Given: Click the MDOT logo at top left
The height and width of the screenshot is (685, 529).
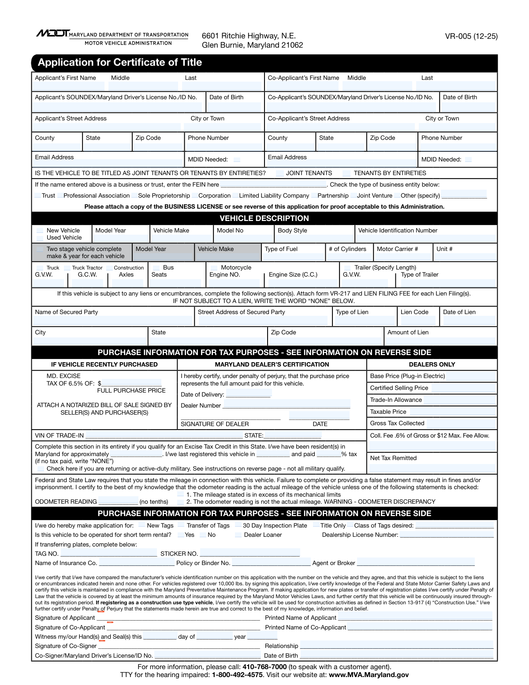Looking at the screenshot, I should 52,34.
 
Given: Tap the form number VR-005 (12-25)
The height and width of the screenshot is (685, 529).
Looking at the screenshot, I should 471,36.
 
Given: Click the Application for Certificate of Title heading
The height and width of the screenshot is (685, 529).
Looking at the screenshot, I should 120,63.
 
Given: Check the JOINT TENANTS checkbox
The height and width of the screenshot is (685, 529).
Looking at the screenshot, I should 280,173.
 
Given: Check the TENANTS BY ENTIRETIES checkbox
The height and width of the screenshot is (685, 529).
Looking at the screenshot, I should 347,173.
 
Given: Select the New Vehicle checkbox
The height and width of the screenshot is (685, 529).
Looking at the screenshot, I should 40,231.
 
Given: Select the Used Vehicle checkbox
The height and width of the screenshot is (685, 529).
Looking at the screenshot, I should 40,238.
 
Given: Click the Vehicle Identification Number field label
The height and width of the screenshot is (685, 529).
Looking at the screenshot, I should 398,231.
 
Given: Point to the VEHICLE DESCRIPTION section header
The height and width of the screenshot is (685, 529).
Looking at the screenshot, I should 264,218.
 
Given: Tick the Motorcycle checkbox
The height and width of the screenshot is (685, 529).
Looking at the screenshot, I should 214,268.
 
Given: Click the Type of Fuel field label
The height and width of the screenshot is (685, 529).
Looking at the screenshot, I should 281,249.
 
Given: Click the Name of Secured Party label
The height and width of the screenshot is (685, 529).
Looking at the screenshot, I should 67,312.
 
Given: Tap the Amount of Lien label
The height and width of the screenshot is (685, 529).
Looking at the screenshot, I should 408,333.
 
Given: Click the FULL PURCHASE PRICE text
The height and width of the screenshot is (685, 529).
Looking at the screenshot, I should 131,391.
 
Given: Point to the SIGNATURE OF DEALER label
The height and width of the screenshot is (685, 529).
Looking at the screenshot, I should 215,424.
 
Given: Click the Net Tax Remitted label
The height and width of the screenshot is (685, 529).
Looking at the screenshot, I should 393,458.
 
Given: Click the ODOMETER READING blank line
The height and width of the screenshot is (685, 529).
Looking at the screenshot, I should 118,502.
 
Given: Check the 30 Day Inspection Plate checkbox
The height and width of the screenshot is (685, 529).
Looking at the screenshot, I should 238,526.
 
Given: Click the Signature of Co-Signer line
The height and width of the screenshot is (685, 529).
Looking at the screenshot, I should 179,647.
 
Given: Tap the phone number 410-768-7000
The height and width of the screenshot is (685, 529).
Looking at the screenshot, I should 264,667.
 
